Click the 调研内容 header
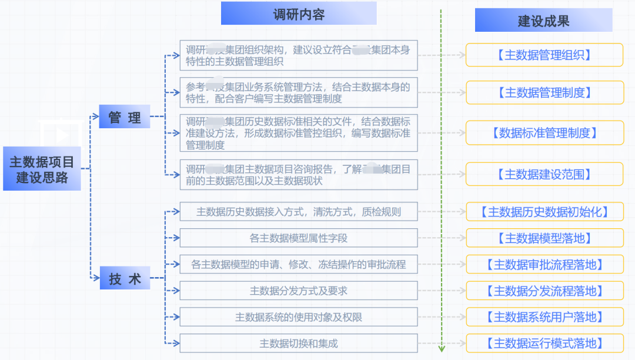(299, 14)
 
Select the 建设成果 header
(543, 21)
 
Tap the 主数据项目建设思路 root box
(42, 169)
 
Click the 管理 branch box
(125, 117)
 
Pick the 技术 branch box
(125, 278)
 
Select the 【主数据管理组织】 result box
(544, 55)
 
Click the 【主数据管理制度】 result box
(544, 93)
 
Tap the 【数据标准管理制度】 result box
(544, 133)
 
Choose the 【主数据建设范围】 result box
(544, 174)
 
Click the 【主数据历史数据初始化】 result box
(544, 212)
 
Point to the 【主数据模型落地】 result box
(544, 238)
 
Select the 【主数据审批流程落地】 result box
(544, 265)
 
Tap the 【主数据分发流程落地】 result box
(544, 291)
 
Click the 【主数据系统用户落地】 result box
(544, 318)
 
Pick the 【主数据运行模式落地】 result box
(544, 344)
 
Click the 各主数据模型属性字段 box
(299, 238)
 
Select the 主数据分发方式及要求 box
(299, 291)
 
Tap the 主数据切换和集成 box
(299, 344)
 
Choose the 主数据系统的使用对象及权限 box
(299, 317)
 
